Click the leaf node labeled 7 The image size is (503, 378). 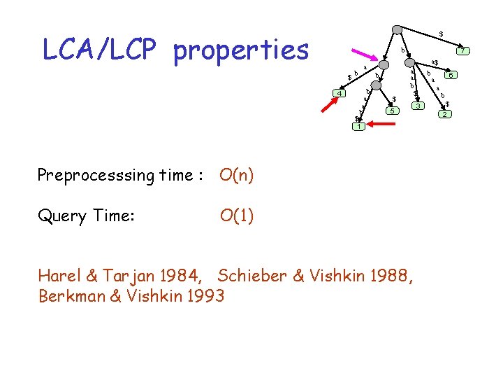tap(462, 50)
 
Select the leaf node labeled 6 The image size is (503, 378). tap(452, 75)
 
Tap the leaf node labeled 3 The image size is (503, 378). tap(417, 106)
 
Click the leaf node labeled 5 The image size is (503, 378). tap(393, 111)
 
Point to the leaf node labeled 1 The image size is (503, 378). tap(358, 127)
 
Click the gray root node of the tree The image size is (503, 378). tap(397, 29)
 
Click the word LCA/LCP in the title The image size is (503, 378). tap(103, 50)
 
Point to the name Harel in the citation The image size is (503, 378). tap(58, 276)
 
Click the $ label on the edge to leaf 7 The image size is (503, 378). tap(440, 34)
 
